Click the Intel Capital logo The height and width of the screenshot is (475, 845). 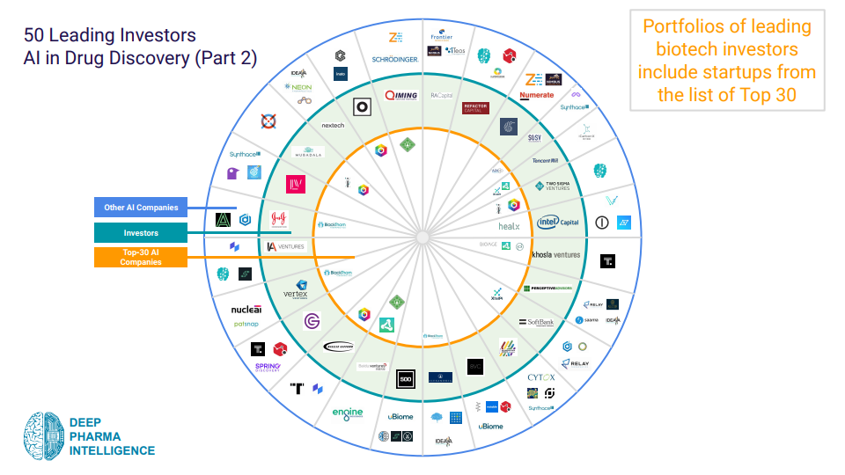pyautogui.click(x=558, y=222)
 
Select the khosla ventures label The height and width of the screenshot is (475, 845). pyautogui.click(x=556, y=255)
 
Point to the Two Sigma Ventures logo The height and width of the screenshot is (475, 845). pyautogui.click(x=553, y=186)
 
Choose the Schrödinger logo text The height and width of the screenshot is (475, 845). pyautogui.click(x=394, y=59)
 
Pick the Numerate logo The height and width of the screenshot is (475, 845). pyautogui.click(x=537, y=95)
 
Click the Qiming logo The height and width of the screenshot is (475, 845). pyautogui.click(x=400, y=95)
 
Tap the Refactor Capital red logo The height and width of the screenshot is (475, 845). pyautogui.click(x=475, y=108)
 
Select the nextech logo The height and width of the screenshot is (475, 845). pyautogui.click(x=333, y=125)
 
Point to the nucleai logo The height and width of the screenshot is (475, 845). pyautogui.click(x=246, y=310)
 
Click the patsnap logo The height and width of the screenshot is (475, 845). pyautogui.click(x=246, y=325)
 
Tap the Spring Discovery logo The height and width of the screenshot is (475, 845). pyautogui.click(x=268, y=367)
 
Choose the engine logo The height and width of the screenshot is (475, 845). pyautogui.click(x=347, y=413)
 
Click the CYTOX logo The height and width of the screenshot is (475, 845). pyautogui.click(x=541, y=377)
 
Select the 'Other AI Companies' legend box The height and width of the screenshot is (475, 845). pyautogui.click(x=140, y=208)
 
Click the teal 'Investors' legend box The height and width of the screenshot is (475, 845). pyautogui.click(x=140, y=233)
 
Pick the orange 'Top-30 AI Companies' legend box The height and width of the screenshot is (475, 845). pyautogui.click(x=140, y=257)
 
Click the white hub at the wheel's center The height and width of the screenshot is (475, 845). pyautogui.click(x=422, y=237)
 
